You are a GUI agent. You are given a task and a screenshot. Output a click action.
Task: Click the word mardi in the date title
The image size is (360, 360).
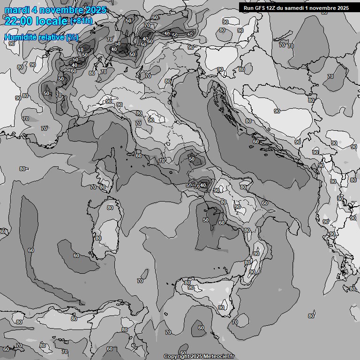tap(15, 10)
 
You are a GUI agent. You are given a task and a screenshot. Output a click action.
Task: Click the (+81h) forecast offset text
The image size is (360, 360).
tap(82, 21)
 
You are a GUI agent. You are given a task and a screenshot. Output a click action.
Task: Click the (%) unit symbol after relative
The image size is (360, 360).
tap(72, 37)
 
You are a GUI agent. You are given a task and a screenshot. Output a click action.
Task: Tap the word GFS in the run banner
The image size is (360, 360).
tap(262, 7)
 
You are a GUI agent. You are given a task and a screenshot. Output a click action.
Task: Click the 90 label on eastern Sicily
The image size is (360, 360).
tap(221, 307)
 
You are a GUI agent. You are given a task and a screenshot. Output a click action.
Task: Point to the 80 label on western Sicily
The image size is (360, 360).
tap(187, 283)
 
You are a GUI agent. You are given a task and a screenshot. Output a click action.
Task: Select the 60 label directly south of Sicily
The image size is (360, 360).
tap(201, 328)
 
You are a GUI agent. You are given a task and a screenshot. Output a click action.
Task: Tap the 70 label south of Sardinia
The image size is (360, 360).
tap(140, 281)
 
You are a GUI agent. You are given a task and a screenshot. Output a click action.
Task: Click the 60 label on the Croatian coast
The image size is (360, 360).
tap(256, 142)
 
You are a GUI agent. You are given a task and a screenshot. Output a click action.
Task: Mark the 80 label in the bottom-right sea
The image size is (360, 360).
tap(311, 316)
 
